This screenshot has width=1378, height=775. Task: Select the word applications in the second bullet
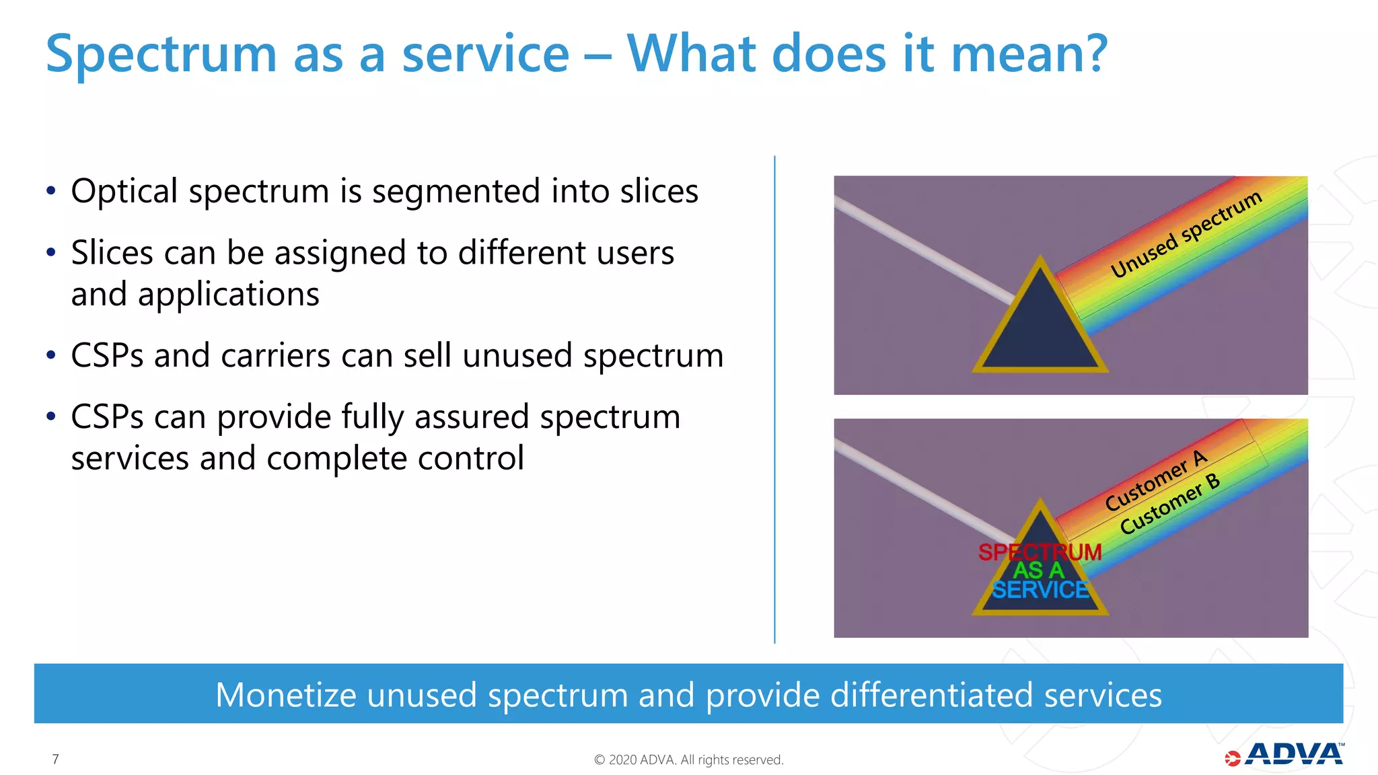(229, 295)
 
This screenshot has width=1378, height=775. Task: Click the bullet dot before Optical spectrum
(51, 191)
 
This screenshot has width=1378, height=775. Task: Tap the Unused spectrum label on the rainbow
(1186, 234)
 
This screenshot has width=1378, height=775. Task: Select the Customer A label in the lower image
(1156, 480)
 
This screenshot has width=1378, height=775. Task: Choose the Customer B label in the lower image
(1169, 505)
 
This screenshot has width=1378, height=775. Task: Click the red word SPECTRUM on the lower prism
(1040, 552)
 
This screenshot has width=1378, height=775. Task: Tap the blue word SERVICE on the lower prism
(1040, 590)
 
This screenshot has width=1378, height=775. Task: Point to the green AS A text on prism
(1039, 570)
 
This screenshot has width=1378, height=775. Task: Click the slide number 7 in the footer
(55, 760)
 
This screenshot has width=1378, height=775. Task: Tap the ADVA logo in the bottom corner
(1285, 755)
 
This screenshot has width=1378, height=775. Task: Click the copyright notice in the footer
(688, 760)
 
